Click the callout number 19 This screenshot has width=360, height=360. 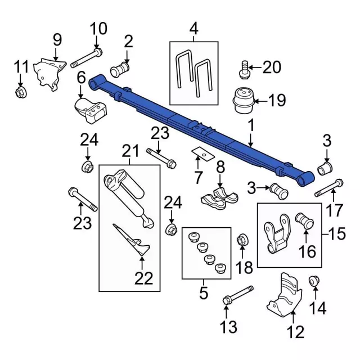point(277,101)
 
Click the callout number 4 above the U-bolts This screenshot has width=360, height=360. point(193,27)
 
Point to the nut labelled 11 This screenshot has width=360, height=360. point(21,91)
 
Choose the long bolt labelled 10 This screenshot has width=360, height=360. point(88,58)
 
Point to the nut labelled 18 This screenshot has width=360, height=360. point(243,238)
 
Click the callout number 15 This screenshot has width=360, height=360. point(337,233)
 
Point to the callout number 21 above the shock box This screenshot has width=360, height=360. point(130,151)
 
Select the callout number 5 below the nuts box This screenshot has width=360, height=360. point(203,293)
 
